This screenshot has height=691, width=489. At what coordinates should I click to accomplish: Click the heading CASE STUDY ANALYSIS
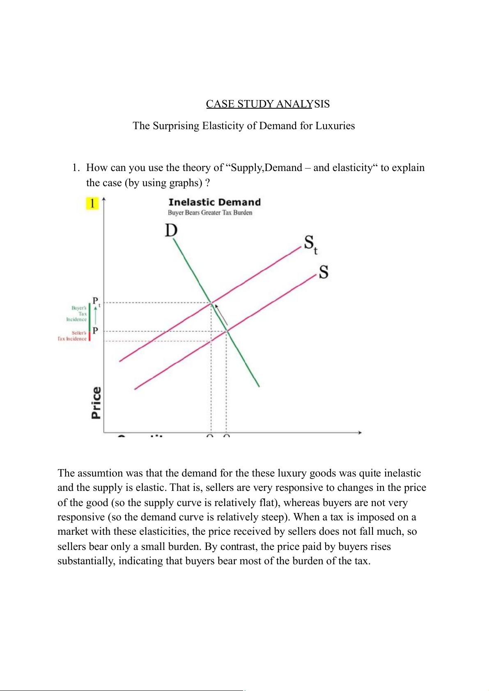click(x=268, y=104)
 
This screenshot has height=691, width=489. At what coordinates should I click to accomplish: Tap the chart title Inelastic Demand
click(x=214, y=202)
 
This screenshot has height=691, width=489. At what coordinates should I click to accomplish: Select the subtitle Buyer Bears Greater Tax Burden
click(x=210, y=212)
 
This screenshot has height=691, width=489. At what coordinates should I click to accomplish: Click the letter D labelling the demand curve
click(x=171, y=230)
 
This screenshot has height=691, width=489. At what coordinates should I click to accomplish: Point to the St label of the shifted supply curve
click(x=310, y=244)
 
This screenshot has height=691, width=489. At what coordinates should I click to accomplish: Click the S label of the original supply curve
click(x=324, y=272)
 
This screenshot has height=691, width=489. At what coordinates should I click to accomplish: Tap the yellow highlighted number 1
click(x=92, y=203)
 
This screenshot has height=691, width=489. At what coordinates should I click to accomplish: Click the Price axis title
click(x=96, y=403)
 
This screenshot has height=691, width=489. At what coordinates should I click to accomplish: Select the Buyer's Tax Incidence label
click(x=77, y=314)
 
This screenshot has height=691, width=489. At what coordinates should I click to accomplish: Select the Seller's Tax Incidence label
click(x=73, y=336)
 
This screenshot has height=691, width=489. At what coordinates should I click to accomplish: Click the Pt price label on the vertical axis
click(x=96, y=301)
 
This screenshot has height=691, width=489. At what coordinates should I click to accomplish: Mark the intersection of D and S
click(x=227, y=331)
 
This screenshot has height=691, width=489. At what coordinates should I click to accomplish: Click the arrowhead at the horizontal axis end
click(x=360, y=433)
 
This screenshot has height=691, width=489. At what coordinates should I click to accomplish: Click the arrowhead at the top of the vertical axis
click(x=104, y=200)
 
